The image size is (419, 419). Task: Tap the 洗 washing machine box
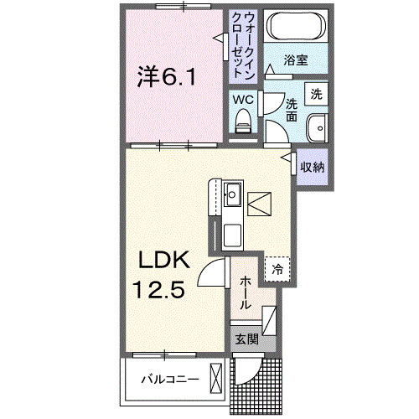316,94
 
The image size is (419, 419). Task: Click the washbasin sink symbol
317,129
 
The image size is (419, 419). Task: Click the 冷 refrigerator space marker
276,270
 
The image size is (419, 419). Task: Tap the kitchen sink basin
232,197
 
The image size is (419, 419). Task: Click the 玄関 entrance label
244,339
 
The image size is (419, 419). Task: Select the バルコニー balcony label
168,380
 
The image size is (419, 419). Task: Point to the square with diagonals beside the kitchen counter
259,203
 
